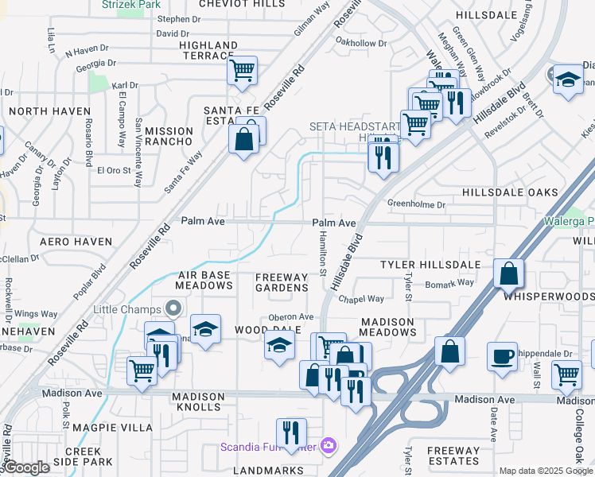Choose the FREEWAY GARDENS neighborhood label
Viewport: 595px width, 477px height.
281,282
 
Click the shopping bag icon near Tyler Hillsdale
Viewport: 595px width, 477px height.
507,273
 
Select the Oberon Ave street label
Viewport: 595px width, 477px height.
291,316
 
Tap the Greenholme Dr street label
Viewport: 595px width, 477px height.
417,204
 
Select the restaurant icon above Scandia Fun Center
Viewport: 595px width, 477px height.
291,432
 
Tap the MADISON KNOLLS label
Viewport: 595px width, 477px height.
196,401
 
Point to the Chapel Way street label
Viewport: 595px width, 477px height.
361,299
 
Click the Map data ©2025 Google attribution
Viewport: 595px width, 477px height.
546,471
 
